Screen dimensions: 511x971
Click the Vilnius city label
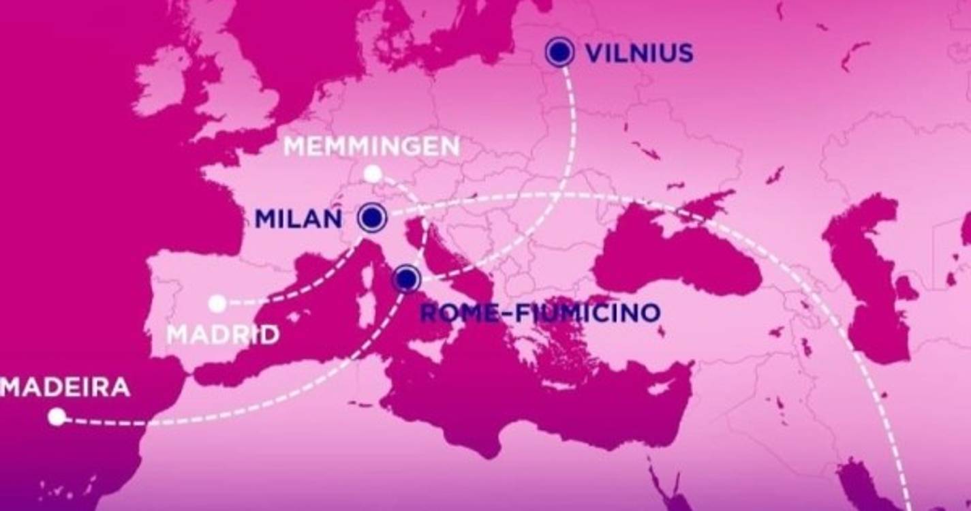(x=639, y=53)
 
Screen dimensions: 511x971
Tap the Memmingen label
(x=371, y=146)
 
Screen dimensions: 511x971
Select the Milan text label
(x=298, y=219)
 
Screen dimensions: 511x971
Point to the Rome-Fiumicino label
(x=540, y=313)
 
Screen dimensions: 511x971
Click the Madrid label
(x=223, y=335)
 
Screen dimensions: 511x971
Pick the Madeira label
(x=65, y=387)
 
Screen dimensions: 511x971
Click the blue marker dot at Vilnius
(x=559, y=52)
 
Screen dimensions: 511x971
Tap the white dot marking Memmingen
(x=372, y=174)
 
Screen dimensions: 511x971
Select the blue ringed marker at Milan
(x=372, y=218)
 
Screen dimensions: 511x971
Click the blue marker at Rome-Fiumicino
(x=407, y=278)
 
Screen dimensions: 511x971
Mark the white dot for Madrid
(x=217, y=303)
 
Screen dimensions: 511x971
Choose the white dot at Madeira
(x=57, y=416)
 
